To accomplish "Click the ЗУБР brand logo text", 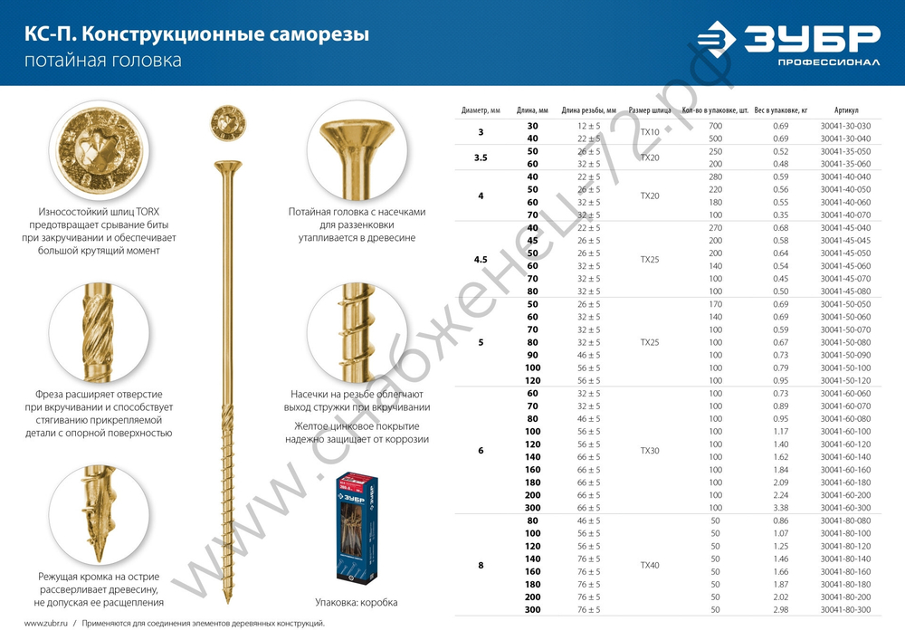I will [x=811, y=40].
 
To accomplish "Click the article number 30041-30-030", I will [x=845, y=125].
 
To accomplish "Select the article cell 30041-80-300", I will [x=845, y=610].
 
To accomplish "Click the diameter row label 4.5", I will [x=481, y=260].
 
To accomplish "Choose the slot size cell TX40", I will [x=650, y=565].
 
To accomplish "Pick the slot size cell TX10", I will [x=650, y=131].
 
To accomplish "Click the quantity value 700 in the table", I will [x=716, y=125].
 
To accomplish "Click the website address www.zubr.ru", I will [x=43, y=624].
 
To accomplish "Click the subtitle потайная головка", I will [x=102, y=62].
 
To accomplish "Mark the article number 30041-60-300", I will [x=845, y=508].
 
